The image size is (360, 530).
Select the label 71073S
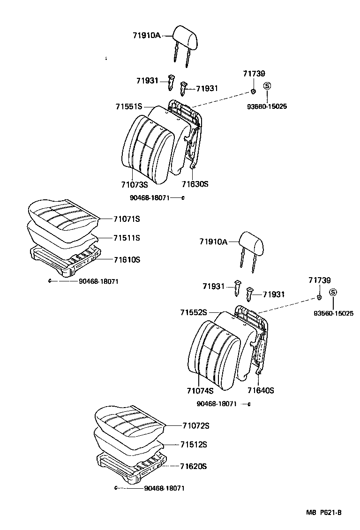134,184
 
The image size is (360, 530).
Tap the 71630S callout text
195,184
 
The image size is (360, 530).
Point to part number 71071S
127,219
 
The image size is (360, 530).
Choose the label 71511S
127,238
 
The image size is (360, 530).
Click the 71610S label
127,259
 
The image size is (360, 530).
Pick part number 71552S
194,312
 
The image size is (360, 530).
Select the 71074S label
200,391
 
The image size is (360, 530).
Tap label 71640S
261,390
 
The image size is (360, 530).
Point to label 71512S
194,444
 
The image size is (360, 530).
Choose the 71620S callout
194,466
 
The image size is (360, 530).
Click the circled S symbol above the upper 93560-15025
267,86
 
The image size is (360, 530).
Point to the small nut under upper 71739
253,91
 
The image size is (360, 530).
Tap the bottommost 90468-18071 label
164,488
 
